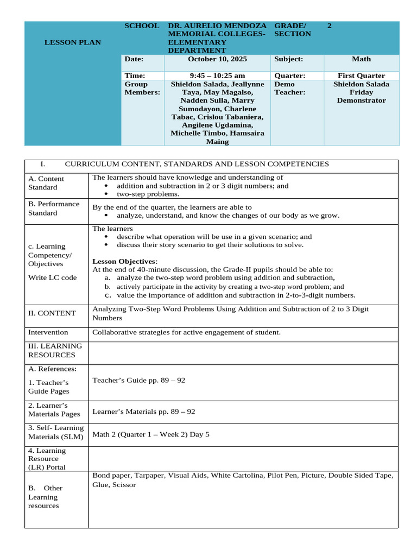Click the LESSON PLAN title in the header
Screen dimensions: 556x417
[x=72, y=42]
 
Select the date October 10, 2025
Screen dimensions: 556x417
[x=217, y=59]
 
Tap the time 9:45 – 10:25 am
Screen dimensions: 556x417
[x=217, y=76]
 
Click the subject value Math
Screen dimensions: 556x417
[x=361, y=59]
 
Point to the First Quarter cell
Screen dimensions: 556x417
[x=361, y=76]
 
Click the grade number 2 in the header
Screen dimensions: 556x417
[x=330, y=26]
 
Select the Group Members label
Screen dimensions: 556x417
[x=142, y=89]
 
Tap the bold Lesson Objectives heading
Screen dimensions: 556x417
[x=125, y=261]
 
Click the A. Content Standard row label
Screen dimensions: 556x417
[x=46, y=183]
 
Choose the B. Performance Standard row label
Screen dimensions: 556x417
[x=54, y=208]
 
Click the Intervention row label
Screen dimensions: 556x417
[x=48, y=332]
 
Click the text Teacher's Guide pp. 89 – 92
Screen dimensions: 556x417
[x=138, y=380]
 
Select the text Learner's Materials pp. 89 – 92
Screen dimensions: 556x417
[x=143, y=412]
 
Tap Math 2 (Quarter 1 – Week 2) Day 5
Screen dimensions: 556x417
[x=150, y=434]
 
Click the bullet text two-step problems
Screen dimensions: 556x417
[x=148, y=194]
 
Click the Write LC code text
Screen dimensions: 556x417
[x=52, y=277]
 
